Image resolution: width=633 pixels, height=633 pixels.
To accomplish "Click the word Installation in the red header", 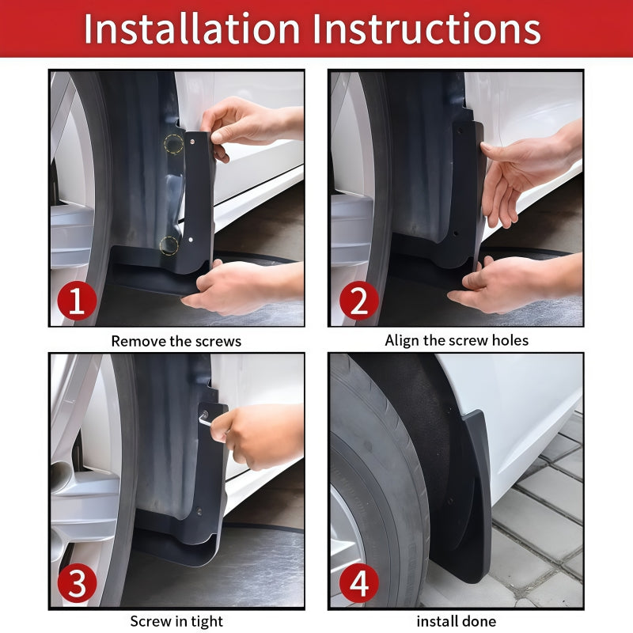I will tap(192, 28).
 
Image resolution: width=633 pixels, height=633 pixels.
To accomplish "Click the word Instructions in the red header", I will tap(427, 28).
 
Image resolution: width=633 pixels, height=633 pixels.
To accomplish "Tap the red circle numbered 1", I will tap(76, 301).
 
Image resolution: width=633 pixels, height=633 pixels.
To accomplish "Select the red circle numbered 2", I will tap(358, 301).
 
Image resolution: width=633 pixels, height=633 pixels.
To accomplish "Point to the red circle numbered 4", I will tap(358, 585).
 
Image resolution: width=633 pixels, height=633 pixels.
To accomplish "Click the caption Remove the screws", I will tap(176, 341).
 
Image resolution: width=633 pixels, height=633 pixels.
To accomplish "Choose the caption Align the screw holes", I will tap(457, 340).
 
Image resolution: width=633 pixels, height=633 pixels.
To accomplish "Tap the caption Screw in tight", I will tap(176, 621).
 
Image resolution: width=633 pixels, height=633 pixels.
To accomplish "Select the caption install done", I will tap(457, 621).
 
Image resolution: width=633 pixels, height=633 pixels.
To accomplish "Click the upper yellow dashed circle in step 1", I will tap(173, 144).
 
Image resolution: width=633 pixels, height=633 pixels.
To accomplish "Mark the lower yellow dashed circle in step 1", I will tap(169, 244).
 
